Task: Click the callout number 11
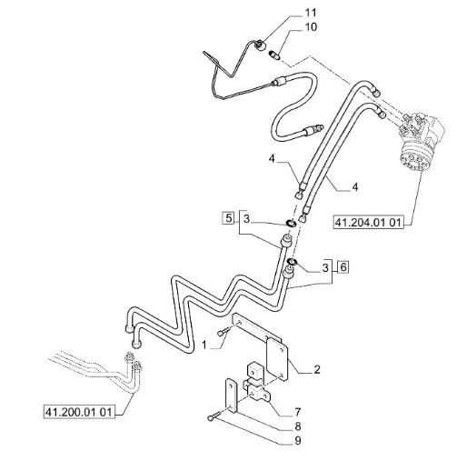pyautogui.click(x=311, y=13)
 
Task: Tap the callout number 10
pyautogui.click(x=311, y=27)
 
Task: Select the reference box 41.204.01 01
pyautogui.click(x=368, y=223)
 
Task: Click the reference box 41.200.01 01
pyautogui.click(x=79, y=412)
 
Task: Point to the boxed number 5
pyautogui.click(x=228, y=218)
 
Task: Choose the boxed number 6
pyautogui.click(x=343, y=267)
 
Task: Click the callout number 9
pyautogui.click(x=298, y=441)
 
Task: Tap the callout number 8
pyautogui.click(x=298, y=426)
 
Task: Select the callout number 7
pyautogui.click(x=298, y=412)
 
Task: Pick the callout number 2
pyautogui.click(x=317, y=369)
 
